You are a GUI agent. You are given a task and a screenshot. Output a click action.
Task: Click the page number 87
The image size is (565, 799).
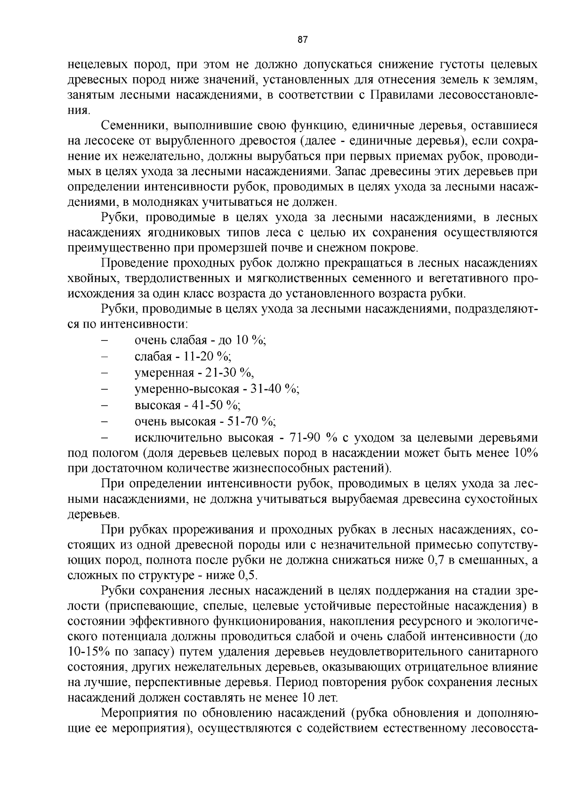(303, 40)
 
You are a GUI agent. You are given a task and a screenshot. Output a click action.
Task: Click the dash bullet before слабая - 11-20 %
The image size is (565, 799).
(105, 356)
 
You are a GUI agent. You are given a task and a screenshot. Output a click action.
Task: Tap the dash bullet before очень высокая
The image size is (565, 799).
(105, 421)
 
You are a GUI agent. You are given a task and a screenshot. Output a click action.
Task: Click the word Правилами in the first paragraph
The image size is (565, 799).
(402, 95)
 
